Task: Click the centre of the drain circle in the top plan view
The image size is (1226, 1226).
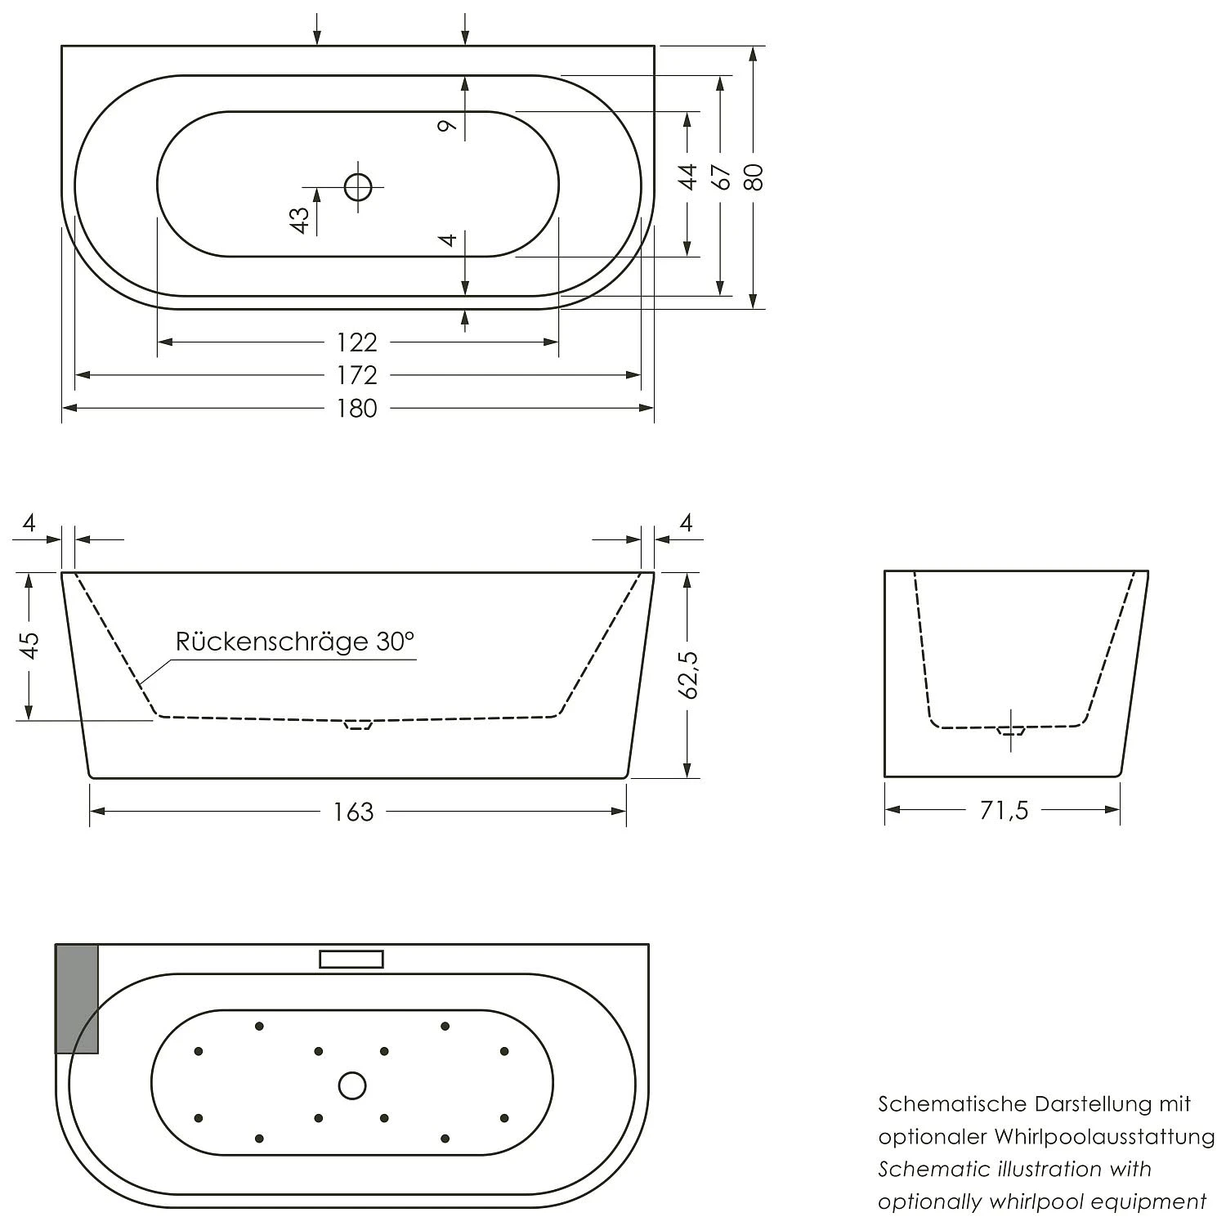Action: (358, 188)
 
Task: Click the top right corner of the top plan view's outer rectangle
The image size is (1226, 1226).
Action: (654, 46)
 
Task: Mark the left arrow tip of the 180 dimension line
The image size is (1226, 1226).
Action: (63, 408)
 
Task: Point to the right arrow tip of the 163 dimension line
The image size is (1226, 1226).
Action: (626, 811)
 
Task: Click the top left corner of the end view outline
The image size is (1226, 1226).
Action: (885, 571)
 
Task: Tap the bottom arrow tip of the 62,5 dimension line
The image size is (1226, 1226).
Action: (688, 777)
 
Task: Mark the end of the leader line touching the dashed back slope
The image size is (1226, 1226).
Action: (139, 683)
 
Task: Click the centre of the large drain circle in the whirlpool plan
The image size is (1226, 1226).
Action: (352, 1085)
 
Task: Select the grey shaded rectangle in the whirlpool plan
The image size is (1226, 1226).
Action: (77, 999)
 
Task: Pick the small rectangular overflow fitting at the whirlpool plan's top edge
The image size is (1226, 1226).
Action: (351, 959)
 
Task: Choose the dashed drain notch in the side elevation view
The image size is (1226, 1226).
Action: (357, 724)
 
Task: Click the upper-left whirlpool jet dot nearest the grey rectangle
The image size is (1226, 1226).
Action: (199, 1051)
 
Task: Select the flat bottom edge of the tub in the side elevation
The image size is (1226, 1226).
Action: (358, 777)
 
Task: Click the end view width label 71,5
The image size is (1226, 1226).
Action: (1004, 810)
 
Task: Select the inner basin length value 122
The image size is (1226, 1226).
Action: (357, 342)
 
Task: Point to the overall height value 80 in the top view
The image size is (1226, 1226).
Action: (754, 177)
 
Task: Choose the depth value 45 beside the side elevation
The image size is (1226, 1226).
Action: (29, 646)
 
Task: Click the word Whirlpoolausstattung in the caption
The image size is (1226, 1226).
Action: (1104, 1137)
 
